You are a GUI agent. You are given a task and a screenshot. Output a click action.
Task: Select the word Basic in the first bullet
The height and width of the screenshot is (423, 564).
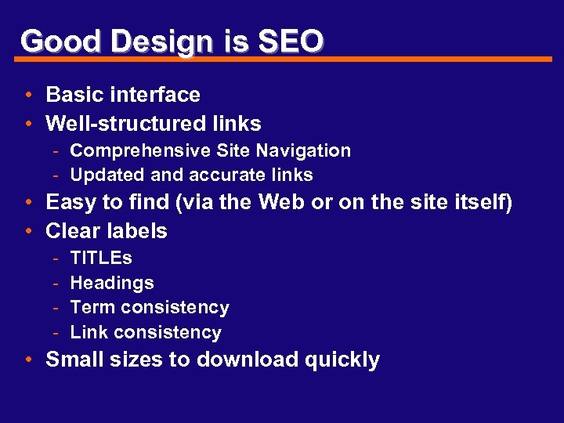(x=74, y=95)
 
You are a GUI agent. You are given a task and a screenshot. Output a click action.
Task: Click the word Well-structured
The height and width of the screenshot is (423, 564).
(x=126, y=124)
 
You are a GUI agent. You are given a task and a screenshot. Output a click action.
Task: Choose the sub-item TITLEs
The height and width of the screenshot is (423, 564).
(x=101, y=258)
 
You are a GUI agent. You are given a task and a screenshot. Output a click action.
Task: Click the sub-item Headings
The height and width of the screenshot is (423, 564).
(x=112, y=283)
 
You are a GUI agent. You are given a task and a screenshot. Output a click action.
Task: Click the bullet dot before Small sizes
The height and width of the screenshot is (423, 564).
(x=27, y=360)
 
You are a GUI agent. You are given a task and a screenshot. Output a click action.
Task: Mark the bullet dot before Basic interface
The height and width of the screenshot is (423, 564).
(x=27, y=96)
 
